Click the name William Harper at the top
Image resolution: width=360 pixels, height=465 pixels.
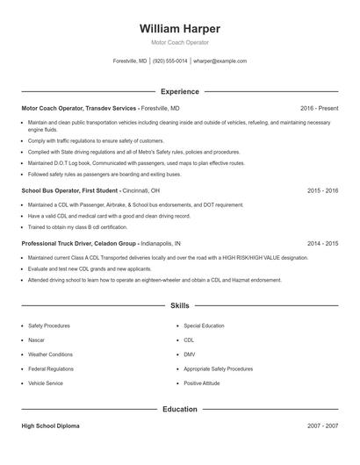[x=180, y=28]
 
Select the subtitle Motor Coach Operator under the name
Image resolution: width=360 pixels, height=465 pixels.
[x=180, y=42]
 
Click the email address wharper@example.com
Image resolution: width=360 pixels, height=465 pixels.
[x=220, y=61]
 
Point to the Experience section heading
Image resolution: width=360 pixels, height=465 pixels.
[x=180, y=91]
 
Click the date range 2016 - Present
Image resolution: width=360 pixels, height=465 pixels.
[x=319, y=108]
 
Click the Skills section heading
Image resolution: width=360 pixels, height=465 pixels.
[x=180, y=305]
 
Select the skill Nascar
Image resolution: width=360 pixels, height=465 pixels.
[x=38, y=340]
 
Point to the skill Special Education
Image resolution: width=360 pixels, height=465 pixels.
[x=205, y=325]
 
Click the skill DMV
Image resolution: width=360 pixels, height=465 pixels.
[x=189, y=354]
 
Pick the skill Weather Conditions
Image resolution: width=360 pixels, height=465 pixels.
[x=50, y=354]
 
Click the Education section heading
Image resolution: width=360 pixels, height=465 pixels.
[x=180, y=409]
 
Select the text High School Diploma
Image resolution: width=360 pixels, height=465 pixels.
[x=50, y=426]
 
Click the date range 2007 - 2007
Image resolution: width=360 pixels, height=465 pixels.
[x=323, y=426]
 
